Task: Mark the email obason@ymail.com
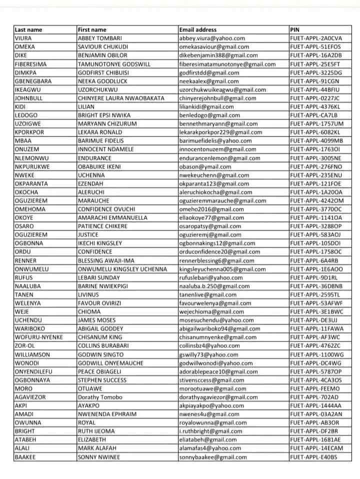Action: pos(205,166)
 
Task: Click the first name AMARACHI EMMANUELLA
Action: pos(112,217)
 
